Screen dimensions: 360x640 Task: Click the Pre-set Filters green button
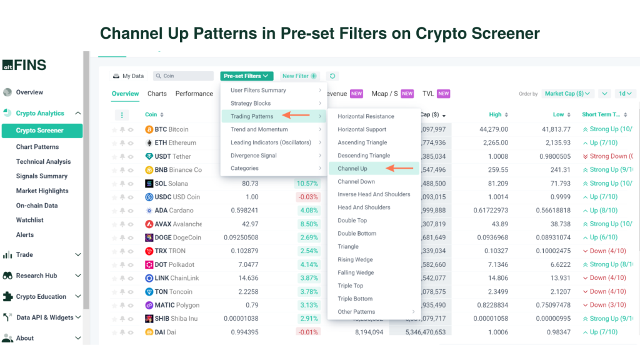click(246, 76)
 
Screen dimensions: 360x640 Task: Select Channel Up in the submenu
click(352, 168)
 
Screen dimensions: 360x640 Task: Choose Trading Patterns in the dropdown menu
click(252, 116)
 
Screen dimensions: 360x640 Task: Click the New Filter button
click(299, 76)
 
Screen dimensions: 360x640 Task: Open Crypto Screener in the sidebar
click(40, 131)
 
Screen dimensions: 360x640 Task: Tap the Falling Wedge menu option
click(356, 272)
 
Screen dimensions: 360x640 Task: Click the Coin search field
click(184, 76)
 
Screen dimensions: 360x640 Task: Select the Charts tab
click(157, 94)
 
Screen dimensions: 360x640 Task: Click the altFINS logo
click(24, 65)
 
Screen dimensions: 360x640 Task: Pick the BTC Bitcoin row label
click(167, 129)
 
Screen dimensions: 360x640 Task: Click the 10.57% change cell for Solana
click(307, 183)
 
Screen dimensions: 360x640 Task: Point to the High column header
click(495, 114)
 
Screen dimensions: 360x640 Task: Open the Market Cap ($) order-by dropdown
click(567, 94)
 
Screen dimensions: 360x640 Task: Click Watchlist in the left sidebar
click(30, 220)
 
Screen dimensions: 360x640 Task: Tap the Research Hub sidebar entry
click(36, 276)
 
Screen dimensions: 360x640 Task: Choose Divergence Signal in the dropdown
click(254, 155)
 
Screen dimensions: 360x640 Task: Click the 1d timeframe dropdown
click(626, 94)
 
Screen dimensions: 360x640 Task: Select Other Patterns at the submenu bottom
click(356, 312)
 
